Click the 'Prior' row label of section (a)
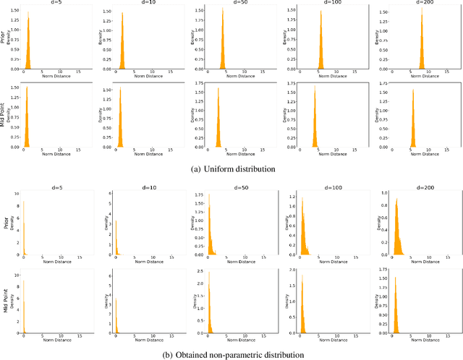pyautogui.click(x=6, y=36)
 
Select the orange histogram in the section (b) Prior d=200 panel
pyautogui.click(x=396, y=231)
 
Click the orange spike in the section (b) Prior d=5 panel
pyautogui.click(x=24, y=231)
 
